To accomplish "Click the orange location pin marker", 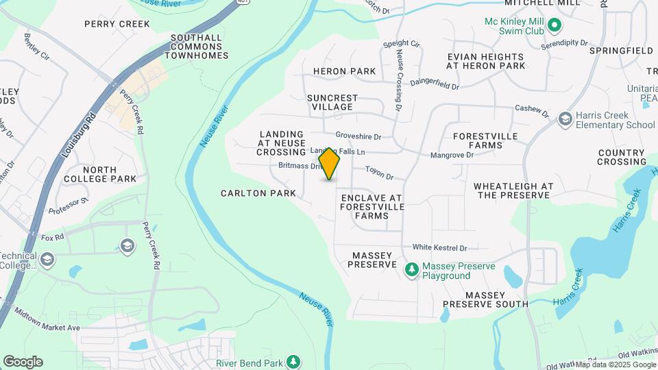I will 329,164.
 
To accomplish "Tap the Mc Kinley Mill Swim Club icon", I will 555,27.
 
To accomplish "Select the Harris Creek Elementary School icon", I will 565,120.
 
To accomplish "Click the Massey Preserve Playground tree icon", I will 411,270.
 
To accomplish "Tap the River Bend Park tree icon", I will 293,361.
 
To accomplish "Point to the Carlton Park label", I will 258,193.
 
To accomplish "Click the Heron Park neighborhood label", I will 345,71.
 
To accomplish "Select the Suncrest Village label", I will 330,102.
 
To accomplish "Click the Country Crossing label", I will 621,157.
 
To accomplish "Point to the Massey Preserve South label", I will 485,299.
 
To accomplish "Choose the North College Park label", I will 110,174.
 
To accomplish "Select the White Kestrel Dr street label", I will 439,247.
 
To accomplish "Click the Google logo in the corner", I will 23,362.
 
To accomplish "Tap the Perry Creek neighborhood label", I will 117,24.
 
